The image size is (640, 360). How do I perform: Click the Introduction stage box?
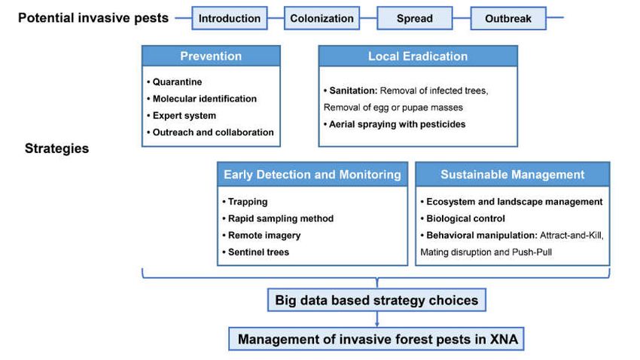[230, 18]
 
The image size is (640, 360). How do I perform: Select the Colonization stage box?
[322, 18]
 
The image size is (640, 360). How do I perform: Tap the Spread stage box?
[415, 18]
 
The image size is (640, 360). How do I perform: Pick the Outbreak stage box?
[508, 18]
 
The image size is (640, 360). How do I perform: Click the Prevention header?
[211, 56]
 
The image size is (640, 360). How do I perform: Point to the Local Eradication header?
[418, 56]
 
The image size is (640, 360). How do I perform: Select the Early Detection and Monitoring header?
[312, 174]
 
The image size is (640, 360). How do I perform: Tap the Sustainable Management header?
[512, 174]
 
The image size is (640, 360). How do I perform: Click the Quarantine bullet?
[175, 82]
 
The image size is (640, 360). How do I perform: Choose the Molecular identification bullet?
[202, 99]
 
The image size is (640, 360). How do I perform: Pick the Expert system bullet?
[181, 115]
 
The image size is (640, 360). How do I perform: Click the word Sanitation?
[353, 90]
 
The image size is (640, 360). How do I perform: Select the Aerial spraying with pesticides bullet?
[395, 124]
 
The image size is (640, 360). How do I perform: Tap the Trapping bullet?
[245, 202]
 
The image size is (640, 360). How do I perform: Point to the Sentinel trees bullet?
[256, 252]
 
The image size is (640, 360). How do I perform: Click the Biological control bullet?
[463, 218]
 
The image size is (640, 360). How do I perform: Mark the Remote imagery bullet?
[261, 236]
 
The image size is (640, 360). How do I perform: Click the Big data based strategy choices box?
[376, 300]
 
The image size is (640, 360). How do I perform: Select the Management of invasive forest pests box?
[376, 339]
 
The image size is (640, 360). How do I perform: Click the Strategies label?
[56, 148]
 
